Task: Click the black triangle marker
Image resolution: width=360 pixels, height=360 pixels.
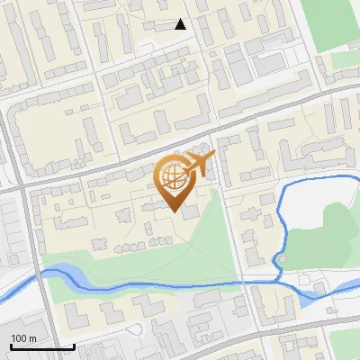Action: click(x=180, y=24)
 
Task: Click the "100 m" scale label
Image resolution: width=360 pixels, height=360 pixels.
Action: click(x=23, y=338)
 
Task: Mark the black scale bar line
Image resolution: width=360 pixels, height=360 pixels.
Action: click(x=41, y=346)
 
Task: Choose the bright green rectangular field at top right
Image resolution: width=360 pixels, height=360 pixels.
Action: click(x=329, y=22)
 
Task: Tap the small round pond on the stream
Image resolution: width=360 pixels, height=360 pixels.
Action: click(x=280, y=261)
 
